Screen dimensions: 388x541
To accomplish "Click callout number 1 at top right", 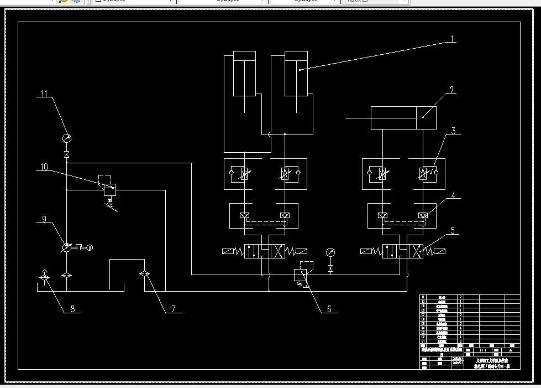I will [451, 39].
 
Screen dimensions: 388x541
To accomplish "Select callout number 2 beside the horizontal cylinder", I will [451, 90].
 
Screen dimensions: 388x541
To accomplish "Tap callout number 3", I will [453, 131].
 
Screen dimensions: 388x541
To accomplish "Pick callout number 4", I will [453, 195].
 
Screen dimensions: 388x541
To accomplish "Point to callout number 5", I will [453, 230].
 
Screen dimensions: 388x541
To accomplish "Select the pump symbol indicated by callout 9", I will [66, 247].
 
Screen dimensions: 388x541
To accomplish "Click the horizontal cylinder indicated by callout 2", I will [403, 117].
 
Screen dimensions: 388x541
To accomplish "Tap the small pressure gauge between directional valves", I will [330, 252].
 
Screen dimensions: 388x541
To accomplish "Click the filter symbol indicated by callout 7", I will [145, 273].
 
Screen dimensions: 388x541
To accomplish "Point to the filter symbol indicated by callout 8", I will [45, 275].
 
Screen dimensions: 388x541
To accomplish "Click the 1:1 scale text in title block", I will [482, 350].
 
